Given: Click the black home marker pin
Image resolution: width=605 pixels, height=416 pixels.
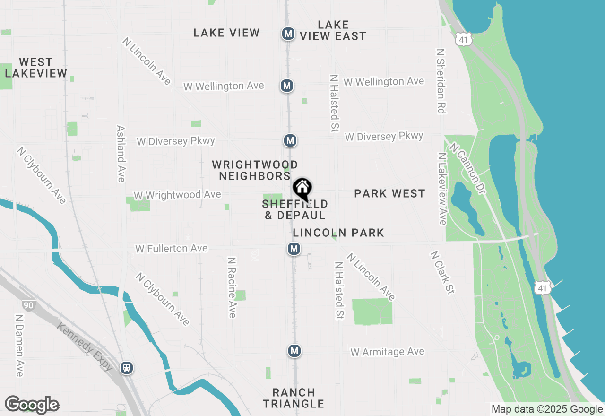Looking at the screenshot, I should tap(302, 189).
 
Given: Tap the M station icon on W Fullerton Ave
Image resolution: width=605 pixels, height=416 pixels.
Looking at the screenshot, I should tap(294, 249).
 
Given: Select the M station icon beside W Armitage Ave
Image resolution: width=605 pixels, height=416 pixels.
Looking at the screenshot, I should tap(294, 351).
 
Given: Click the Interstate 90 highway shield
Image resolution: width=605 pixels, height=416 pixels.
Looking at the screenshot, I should tap(29, 305).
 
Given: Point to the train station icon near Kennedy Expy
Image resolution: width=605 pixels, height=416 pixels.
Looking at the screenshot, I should tap(126, 368).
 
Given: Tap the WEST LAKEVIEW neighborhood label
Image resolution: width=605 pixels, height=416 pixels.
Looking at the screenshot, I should tap(36, 68).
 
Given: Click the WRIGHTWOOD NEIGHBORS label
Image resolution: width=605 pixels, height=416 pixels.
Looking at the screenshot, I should tap(255, 170).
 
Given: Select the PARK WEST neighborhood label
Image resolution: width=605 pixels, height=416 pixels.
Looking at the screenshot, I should tap(389, 193).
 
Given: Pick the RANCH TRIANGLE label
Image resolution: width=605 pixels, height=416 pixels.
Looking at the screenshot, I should tap(294, 398).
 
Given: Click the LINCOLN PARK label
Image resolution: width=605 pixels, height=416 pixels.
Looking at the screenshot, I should tap(338, 233).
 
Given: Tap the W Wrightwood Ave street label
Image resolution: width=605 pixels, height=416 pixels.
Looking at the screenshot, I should tap(177, 195).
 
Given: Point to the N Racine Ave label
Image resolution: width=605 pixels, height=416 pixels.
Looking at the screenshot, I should tap(232, 287).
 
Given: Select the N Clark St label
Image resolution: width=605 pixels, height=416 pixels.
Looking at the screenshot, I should tap(442, 273).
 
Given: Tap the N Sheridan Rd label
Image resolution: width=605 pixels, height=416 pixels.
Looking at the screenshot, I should tap(441, 80).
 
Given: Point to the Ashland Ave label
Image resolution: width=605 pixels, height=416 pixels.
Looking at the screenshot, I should tap(121, 154).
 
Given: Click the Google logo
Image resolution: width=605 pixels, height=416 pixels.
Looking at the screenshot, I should tap(32, 405).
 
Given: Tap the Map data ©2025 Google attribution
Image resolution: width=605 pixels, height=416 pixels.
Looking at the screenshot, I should tap(547, 409).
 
